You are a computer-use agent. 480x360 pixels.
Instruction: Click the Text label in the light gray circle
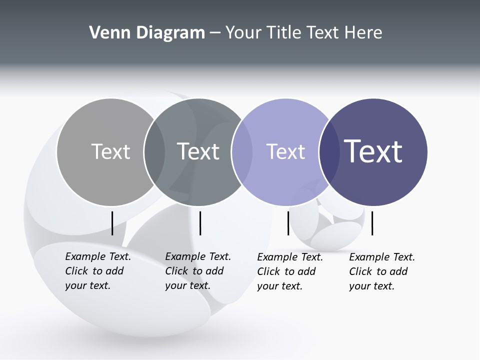(110, 151)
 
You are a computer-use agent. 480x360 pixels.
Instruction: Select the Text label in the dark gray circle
(198, 151)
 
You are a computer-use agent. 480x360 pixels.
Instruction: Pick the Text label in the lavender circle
(285, 151)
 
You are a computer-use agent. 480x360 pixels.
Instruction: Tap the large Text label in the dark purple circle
(373, 151)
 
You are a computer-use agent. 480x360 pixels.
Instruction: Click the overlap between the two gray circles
(154, 152)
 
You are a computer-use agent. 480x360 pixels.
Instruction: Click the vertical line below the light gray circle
(112, 223)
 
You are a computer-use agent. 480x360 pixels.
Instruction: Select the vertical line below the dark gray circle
(200, 223)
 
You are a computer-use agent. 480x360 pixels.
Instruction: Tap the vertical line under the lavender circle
(288, 223)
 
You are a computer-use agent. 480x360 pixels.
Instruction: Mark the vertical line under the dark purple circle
(372, 223)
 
